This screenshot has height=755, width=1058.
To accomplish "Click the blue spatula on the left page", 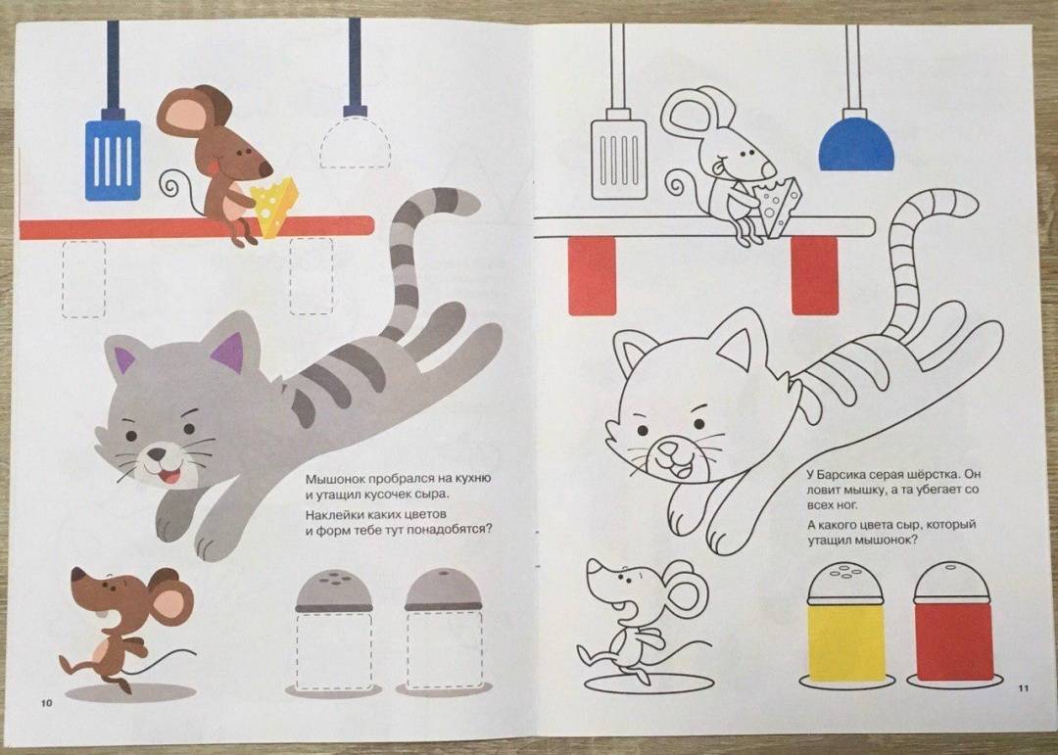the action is [x=113, y=161].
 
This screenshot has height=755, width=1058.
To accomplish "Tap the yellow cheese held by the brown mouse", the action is [x=274, y=206].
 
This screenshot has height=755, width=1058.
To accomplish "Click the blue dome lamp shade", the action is [x=856, y=144].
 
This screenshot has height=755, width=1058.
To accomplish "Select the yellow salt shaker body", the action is [x=845, y=641].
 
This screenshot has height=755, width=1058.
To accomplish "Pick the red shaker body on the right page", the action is [x=953, y=641].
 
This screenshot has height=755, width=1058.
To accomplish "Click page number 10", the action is [x=47, y=703].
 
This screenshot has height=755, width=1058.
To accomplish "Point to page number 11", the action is [x=1023, y=688].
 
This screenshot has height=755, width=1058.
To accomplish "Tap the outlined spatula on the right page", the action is [x=618, y=160].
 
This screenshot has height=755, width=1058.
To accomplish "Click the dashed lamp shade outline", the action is [x=355, y=142].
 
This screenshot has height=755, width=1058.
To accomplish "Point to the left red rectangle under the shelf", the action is [x=593, y=275].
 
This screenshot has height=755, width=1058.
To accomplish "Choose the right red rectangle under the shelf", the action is [x=814, y=275].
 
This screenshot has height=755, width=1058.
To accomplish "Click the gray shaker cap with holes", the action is [x=334, y=591].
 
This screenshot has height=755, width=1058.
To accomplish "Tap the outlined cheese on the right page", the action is [x=779, y=206].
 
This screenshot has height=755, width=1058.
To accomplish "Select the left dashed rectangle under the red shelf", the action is [x=83, y=279].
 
